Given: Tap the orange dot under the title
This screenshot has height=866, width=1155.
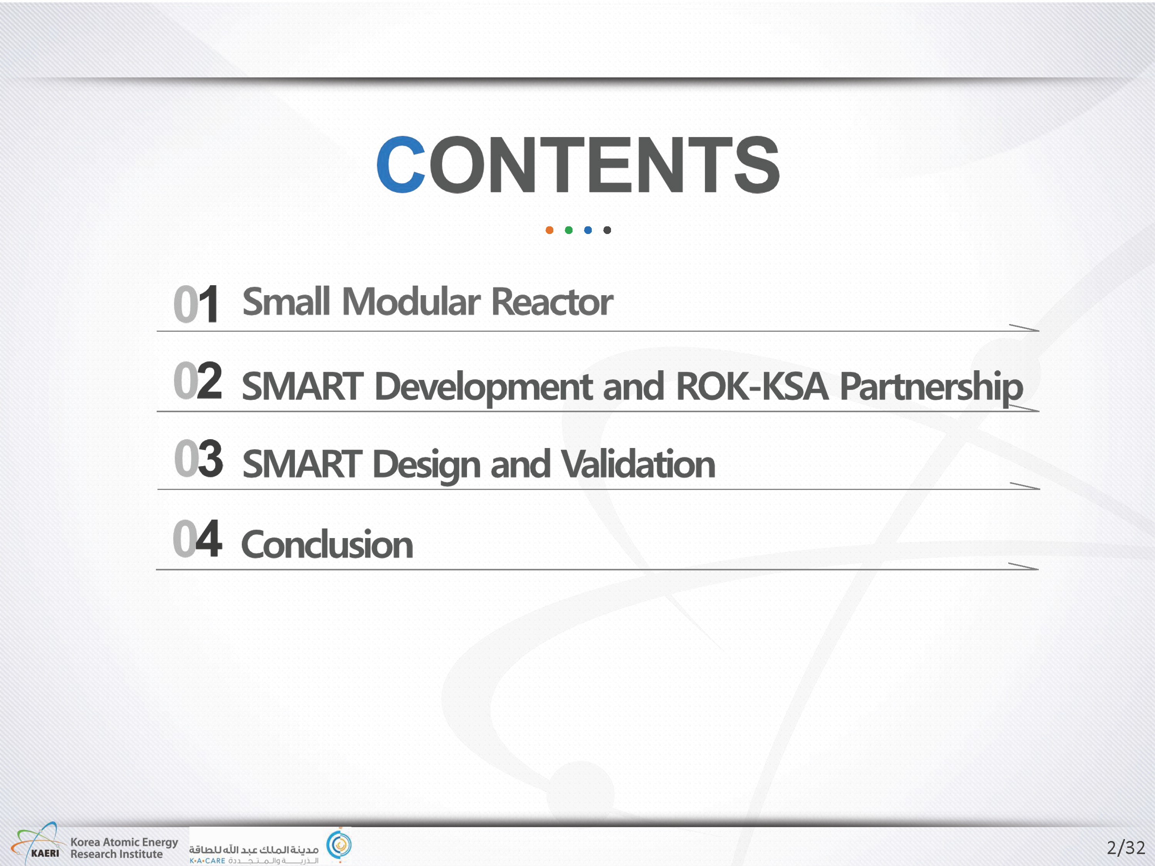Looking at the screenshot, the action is (x=549, y=230).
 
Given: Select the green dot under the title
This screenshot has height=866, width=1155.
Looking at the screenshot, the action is (x=569, y=230).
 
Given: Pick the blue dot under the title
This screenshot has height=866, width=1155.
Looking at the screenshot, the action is (x=588, y=230).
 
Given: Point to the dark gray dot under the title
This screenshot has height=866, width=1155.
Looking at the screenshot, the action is (x=607, y=230).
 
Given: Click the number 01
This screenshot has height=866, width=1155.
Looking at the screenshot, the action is (x=196, y=304).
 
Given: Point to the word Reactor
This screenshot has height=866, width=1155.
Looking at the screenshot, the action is (x=552, y=302).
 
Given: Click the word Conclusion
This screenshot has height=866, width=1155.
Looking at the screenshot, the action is (x=327, y=544).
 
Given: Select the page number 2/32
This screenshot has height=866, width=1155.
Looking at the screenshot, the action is (x=1126, y=847).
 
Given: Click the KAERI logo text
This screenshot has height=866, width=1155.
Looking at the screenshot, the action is (x=45, y=853).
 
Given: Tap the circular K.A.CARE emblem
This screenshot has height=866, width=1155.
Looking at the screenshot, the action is (x=340, y=844).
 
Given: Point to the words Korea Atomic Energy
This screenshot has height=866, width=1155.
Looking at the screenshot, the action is (x=124, y=843).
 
